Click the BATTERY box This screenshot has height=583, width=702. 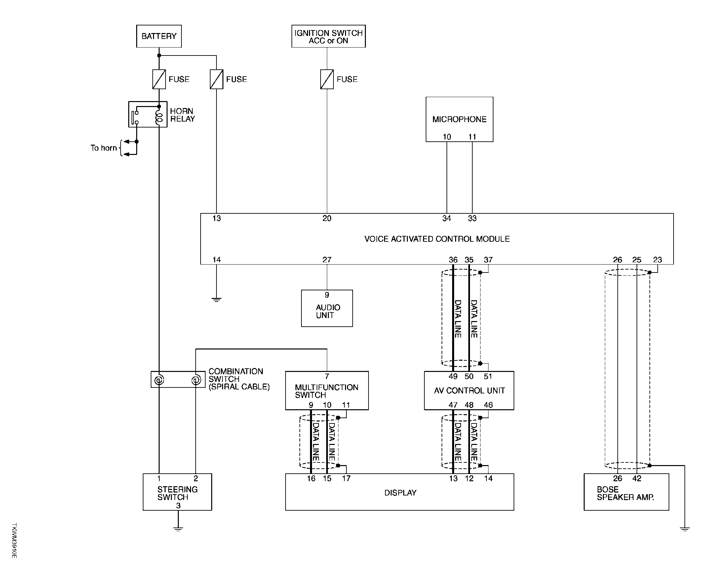click(x=159, y=36)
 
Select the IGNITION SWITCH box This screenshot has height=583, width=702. click(x=329, y=36)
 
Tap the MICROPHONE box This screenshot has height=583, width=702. click(x=459, y=119)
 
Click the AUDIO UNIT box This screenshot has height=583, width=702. click(x=327, y=308)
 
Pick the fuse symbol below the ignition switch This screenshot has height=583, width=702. click(x=327, y=79)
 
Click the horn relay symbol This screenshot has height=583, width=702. click(x=148, y=114)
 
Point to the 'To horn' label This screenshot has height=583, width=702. click(x=104, y=148)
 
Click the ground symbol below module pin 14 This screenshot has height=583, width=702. click(x=216, y=299)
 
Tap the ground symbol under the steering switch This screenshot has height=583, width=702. click(x=178, y=528)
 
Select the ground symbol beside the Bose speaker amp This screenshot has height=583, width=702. click(x=684, y=528)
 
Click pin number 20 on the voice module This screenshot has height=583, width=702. click(x=327, y=218)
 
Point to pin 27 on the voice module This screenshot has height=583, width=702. click(x=327, y=260)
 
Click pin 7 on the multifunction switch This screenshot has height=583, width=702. click(x=327, y=376)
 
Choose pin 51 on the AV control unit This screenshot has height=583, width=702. click(x=488, y=376)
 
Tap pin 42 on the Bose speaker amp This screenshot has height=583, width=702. click(x=637, y=478)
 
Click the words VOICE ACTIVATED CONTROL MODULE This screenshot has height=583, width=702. click(x=437, y=239)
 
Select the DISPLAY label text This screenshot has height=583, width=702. click(x=401, y=493)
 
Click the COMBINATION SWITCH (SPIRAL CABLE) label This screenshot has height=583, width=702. click(x=239, y=379)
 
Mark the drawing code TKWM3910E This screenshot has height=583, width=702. click(x=14, y=541)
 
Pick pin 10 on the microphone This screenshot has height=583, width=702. click(x=447, y=137)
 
